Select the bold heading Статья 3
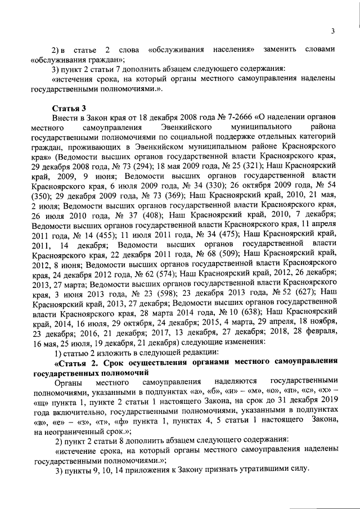[x=68, y=108]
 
